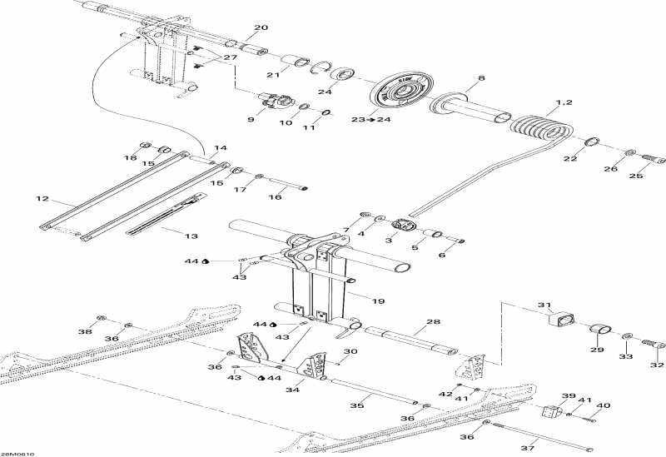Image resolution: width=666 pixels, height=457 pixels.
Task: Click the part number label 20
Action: pos(261,27)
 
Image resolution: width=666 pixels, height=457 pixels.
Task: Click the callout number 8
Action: pos(480,79)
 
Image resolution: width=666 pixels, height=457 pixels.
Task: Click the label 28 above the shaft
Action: pos(432,321)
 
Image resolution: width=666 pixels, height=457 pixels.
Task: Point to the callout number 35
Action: pos(357,405)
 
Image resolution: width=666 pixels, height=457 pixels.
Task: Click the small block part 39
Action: pos(550,410)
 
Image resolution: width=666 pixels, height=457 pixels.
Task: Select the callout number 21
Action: pos(271,76)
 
